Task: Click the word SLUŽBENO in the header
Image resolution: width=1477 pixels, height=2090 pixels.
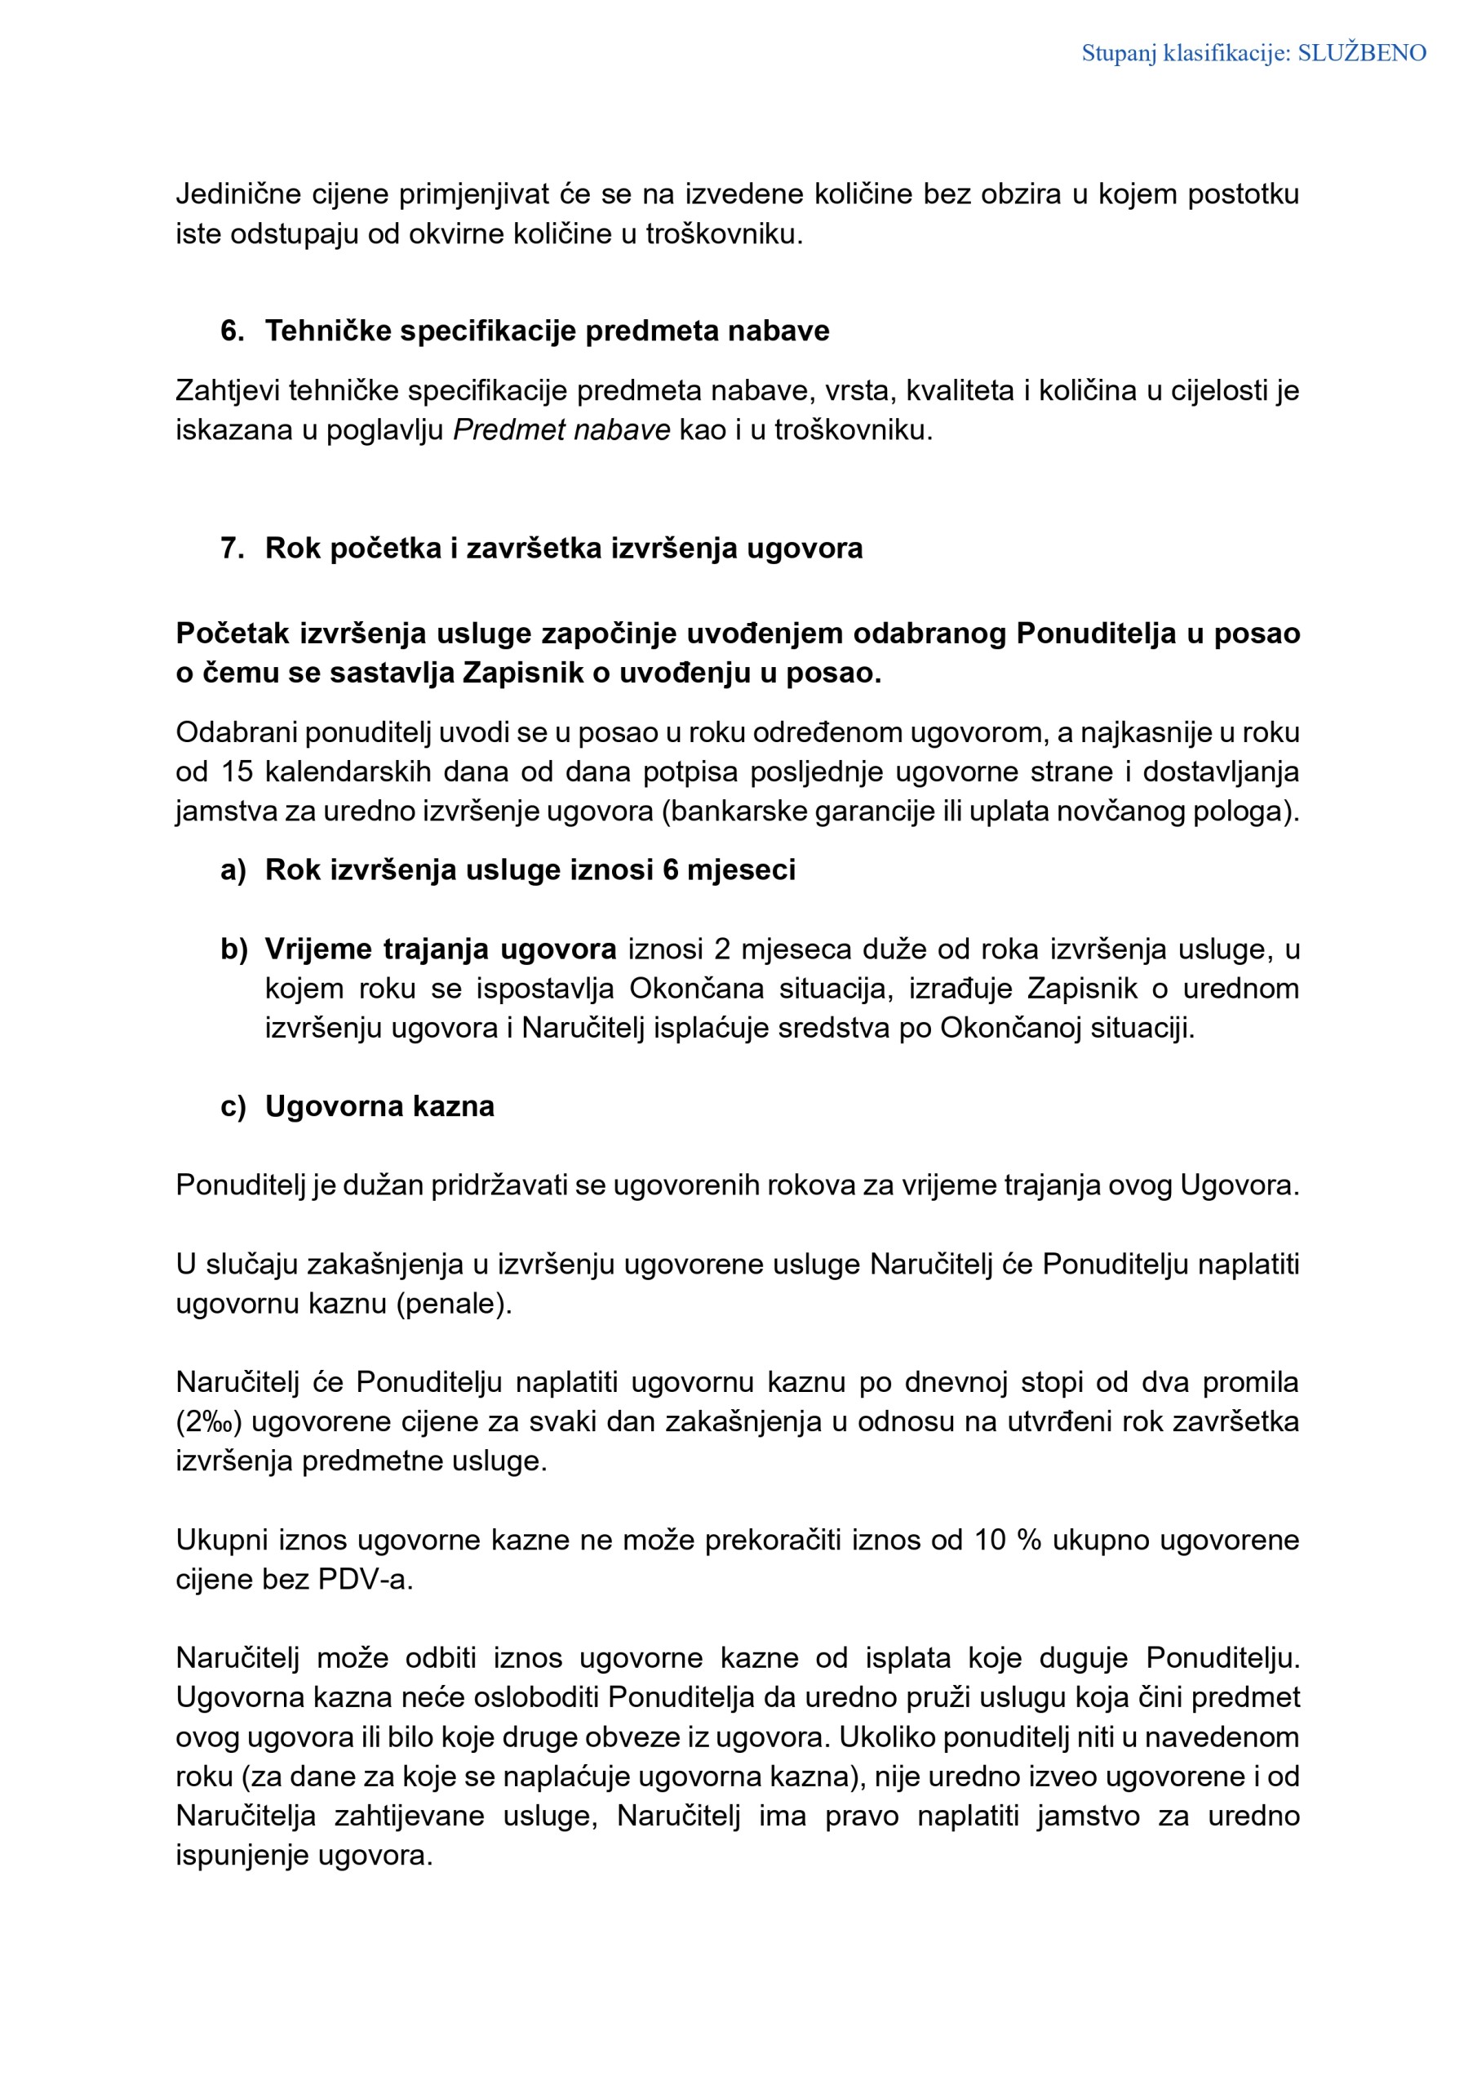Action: pyautogui.click(x=1361, y=54)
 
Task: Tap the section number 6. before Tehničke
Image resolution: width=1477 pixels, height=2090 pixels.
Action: pyautogui.click(x=232, y=331)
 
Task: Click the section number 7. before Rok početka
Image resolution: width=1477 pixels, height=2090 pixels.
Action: pyautogui.click(x=232, y=548)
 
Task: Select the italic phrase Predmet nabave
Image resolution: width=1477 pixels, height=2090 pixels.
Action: pyautogui.click(x=561, y=429)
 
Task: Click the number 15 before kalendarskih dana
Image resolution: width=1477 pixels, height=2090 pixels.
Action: pyautogui.click(x=237, y=772)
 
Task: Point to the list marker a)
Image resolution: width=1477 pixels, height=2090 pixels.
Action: pyautogui.click(x=233, y=870)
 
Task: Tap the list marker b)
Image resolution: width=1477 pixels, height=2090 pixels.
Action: pyautogui.click(x=233, y=949)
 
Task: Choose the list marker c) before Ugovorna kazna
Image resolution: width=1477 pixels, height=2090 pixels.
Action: pyautogui.click(x=233, y=1107)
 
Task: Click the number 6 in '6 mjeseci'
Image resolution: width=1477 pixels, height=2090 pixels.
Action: pyautogui.click(x=671, y=870)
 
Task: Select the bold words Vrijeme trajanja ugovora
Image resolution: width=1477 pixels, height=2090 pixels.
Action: pyautogui.click(x=441, y=949)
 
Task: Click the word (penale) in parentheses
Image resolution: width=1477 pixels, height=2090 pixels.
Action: pyautogui.click(x=453, y=1304)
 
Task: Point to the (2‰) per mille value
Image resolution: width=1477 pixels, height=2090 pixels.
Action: pyautogui.click(x=208, y=1422)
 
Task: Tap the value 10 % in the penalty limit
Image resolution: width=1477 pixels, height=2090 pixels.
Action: pyautogui.click(x=1008, y=1541)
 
